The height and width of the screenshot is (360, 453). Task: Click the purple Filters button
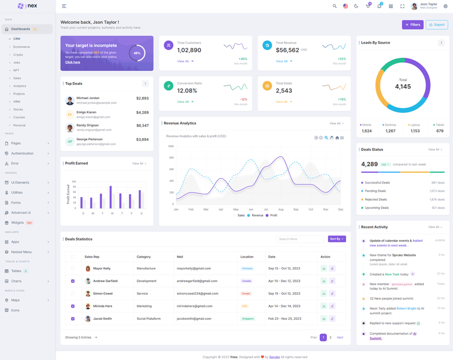tap(413, 25)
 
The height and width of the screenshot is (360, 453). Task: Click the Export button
tap(437, 25)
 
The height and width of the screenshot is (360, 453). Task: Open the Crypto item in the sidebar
tap(18, 55)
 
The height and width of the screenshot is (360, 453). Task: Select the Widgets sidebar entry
tap(18, 222)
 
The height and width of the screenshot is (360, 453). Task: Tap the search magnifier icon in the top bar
tap(335, 6)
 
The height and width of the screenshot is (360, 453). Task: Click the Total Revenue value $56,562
tap(288, 50)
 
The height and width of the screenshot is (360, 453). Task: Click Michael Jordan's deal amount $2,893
tap(142, 98)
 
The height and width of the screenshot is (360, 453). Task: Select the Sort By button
tap(336, 239)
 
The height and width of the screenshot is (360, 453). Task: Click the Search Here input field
tap(300, 239)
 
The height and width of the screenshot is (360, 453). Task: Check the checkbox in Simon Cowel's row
tap(72, 294)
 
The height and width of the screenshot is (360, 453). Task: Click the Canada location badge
tap(247, 281)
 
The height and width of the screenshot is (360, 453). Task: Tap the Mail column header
tap(180, 256)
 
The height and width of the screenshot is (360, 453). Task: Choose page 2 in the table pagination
tap(331, 337)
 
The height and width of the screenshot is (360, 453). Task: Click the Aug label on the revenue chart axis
tap(281, 209)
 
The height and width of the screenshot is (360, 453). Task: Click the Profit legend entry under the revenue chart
tap(272, 216)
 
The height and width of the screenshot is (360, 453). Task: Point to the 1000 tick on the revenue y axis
tap(170, 146)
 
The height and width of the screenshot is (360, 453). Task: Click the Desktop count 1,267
tap(390, 131)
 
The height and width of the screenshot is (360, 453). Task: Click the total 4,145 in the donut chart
tap(403, 87)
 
